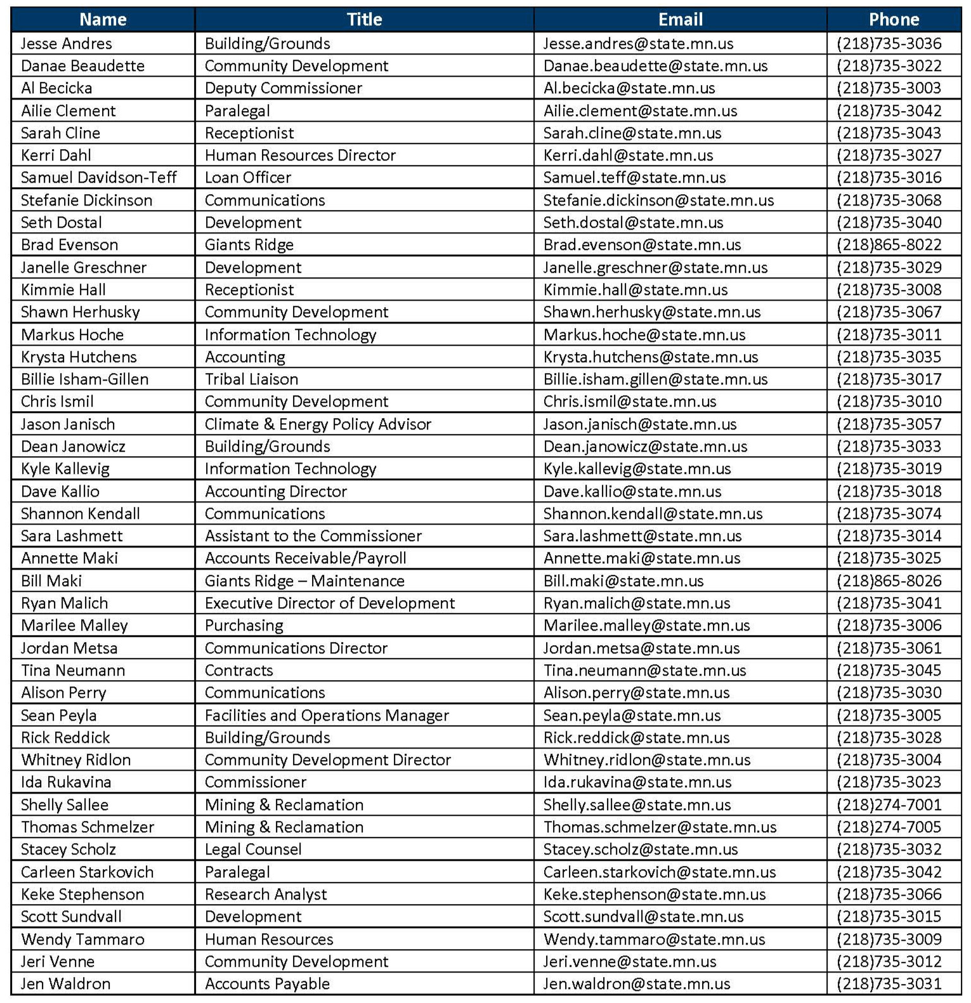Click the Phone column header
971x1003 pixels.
coord(893,20)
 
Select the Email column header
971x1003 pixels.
coord(680,20)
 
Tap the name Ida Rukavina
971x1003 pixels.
coord(66,782)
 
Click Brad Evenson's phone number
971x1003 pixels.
coord(889,245)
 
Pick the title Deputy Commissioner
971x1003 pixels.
coord(283,88)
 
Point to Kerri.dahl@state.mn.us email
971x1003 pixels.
coord(628,155)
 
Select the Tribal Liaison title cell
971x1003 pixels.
coord(251,379)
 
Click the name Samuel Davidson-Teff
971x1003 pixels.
coord(98,178)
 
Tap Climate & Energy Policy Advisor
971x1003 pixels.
coord(318,424)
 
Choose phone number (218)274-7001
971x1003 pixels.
coord(889,805)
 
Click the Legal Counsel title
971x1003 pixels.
coord(252,849)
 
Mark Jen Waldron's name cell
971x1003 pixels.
coord(65,984)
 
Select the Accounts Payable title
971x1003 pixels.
coord(267,984)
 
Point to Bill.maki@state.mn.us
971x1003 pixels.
coord(623,581)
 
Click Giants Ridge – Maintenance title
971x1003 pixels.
coord(304,581)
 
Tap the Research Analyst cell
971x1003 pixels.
coord(266,895)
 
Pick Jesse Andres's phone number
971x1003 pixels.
coord(889,44)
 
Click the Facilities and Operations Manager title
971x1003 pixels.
coord(327,716)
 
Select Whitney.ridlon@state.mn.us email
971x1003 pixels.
coord(646,760)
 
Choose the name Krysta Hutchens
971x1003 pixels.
coord(79,357)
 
